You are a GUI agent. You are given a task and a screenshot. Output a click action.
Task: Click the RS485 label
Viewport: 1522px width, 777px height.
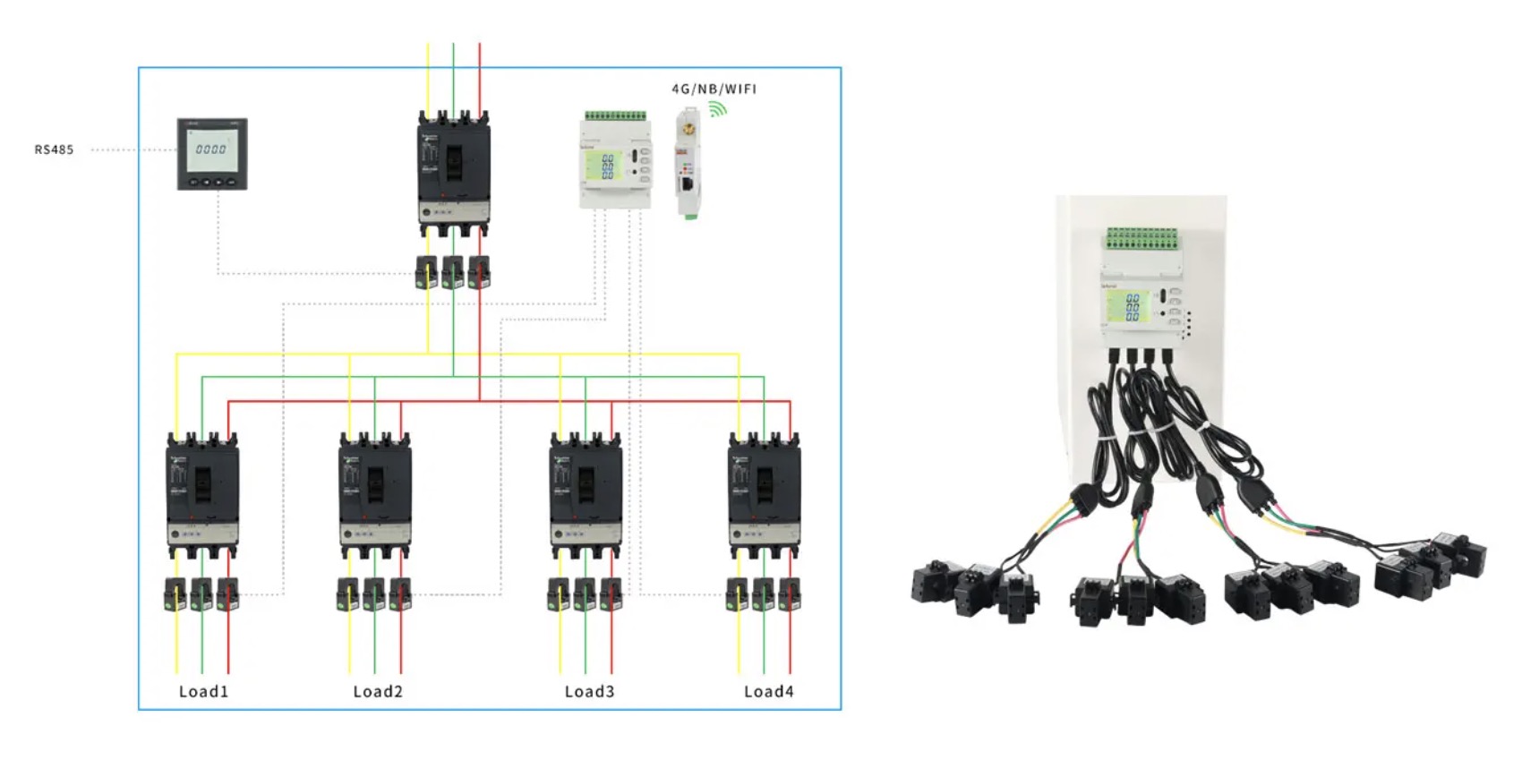(x=54, y=149)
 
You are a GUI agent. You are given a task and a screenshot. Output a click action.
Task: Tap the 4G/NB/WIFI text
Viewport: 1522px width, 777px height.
(x=714, y=89)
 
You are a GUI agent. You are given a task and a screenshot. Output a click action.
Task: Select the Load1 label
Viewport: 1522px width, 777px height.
(x=203, y=691)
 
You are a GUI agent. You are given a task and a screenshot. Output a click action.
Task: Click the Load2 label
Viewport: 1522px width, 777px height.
(x=377, y=691)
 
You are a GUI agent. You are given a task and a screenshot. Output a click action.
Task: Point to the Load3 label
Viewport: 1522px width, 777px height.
(x=589, y=691)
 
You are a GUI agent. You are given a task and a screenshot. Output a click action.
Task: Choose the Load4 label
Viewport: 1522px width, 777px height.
(x=768, y=691)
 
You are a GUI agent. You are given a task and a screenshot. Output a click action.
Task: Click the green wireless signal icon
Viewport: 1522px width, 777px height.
(x=718, y=109)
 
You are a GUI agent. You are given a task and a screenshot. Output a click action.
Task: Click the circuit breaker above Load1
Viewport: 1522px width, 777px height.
(x=202, y=492)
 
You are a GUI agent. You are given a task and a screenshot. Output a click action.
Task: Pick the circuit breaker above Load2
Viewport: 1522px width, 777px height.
(x=375, y=492)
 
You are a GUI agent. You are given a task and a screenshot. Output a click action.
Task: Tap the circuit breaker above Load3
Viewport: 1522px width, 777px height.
(x=586, y=492)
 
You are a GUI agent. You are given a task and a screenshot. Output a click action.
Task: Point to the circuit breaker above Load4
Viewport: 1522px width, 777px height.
(x=764, y=492)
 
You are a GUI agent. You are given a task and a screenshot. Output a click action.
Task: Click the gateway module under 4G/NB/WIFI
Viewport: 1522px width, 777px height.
(x=688, y=163)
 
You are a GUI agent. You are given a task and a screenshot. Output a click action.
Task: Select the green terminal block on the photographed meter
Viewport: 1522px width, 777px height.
(x=1141, y=238)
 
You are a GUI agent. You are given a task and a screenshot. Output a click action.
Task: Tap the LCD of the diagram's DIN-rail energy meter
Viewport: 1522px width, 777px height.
(x=603, y=166)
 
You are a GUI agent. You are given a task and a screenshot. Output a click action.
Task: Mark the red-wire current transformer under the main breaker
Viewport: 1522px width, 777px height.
(x=479, y=272)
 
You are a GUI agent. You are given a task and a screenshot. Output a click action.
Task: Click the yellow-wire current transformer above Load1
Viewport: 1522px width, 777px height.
(x=175, y=594)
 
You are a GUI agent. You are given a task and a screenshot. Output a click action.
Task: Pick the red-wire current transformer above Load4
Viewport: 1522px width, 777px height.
(x=790, y=594)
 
